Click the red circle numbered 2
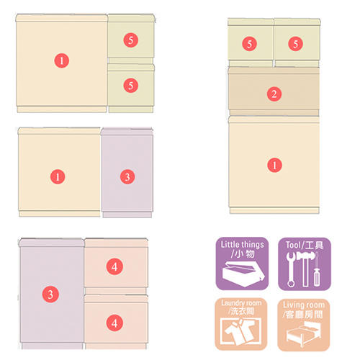[x=274, y=94]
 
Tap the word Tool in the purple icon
[x=293, y=245]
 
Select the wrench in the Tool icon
[x=291, y=269]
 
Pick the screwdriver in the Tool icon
[x=317, y=270]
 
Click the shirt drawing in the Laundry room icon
[x=240, y=332]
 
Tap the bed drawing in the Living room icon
[x=304, y=333]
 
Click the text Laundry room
[x=241, y=303]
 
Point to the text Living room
[x=304, y=305]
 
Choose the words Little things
[x=243, y=245]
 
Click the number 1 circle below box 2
[x=274, y=165]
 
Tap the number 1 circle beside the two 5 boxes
[x=62, y=60]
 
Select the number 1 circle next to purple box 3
[x=58, y=177]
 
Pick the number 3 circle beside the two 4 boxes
[x=50, y=294]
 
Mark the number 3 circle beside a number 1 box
[x=127, y=177]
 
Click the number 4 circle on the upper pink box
[x=114, y=266]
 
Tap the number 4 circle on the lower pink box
[x=114, y=323]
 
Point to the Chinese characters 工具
[x=315, y=246]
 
